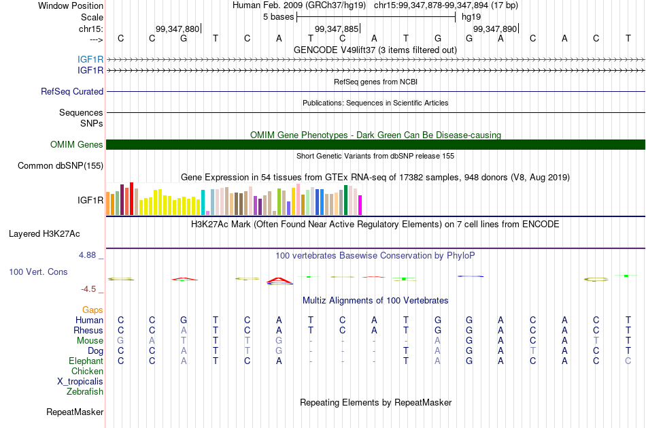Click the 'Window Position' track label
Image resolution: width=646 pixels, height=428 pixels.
tap(71, 5)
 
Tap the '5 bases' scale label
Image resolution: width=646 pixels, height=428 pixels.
tap(279, 17)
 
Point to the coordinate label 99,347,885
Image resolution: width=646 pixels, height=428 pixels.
tap(337, 29)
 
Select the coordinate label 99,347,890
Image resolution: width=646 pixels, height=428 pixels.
tap(495, 29)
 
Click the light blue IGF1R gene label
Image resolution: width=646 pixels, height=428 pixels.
tap(90, 60)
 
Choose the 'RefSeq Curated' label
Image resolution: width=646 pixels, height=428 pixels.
tap(72, 92)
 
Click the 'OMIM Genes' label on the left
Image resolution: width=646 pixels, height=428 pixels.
tap(77, 145)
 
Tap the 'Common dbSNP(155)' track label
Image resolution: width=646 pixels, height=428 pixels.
tap(61, 166)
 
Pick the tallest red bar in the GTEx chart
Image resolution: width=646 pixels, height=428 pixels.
tap(131, 198)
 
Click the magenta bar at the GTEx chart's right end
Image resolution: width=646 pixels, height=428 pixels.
tap(360, 205)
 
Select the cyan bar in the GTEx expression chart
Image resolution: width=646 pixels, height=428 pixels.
tap(203, 202)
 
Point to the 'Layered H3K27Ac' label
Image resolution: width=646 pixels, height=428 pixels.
tap(44, 234)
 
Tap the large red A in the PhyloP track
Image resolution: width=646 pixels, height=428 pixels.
tap(279, 281)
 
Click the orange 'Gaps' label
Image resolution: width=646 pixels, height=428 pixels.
tap(92, 310)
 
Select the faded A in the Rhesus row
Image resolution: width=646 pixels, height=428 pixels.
tap(184, 330)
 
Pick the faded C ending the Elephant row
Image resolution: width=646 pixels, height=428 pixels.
tap(628, 361)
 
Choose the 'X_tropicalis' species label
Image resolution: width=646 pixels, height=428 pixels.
tap(80, 382)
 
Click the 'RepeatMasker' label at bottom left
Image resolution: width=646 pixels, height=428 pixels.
tap(75, 412)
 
